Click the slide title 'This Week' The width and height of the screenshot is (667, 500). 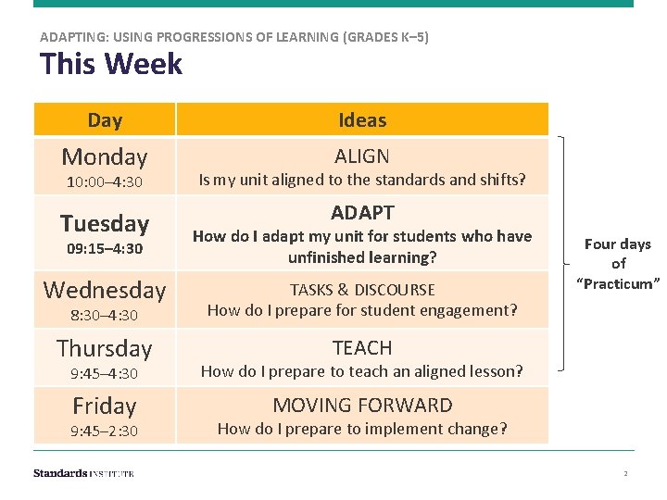click(111, 65)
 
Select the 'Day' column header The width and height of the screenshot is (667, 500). click(105, 119)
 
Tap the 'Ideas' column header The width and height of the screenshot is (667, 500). click(362, 119)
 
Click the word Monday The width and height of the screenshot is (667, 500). click(105, 156)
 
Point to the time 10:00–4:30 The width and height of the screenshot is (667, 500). click(105, 181)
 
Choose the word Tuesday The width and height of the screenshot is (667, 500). click(105, 223)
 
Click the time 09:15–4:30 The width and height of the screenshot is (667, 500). click(105, 248)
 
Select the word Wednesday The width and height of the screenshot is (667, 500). click(105, 290)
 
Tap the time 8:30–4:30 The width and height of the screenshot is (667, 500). click(105, 316)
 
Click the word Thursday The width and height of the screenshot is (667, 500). click(105, 348)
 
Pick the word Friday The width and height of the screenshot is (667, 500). click(105, 406)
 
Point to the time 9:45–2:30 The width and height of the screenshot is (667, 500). click(105, 431)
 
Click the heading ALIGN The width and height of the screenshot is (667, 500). click(362, 156)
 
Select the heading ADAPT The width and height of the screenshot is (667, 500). click(362, 212)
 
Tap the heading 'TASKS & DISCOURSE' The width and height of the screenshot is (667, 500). click(362, 290)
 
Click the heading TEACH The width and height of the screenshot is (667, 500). click(362, 348)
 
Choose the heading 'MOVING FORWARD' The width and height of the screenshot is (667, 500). click(362, 406)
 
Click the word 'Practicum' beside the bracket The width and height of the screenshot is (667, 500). click(618, 283)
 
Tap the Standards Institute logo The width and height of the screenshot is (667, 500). click(83, 473)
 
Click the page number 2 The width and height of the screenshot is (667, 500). click(625, 473)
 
